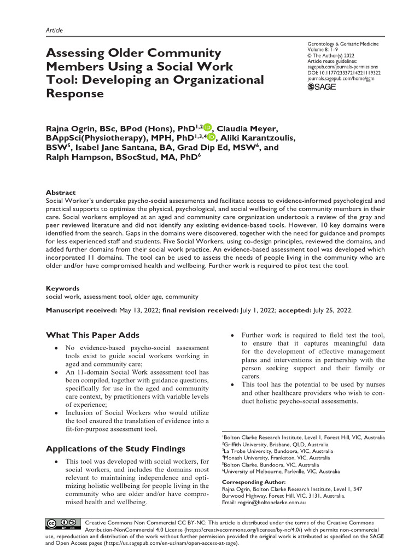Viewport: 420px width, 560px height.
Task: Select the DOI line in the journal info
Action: click(345, 72)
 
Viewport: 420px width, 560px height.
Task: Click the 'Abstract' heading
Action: click(61, 192)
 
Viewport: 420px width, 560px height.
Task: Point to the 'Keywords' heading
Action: click(62, 288)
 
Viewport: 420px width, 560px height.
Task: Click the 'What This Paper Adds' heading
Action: click(92, 335)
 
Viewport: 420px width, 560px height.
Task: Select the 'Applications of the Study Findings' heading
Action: click(115, 449)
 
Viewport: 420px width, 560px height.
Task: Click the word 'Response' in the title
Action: click(75, 94)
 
